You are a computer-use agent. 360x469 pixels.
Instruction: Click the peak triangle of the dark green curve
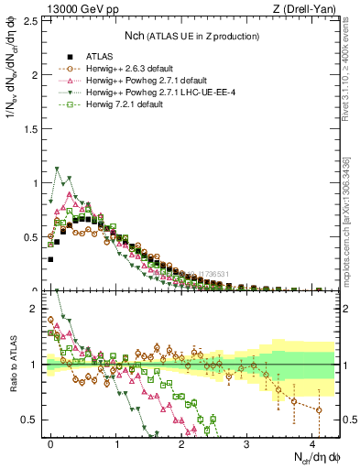click(58, 169)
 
